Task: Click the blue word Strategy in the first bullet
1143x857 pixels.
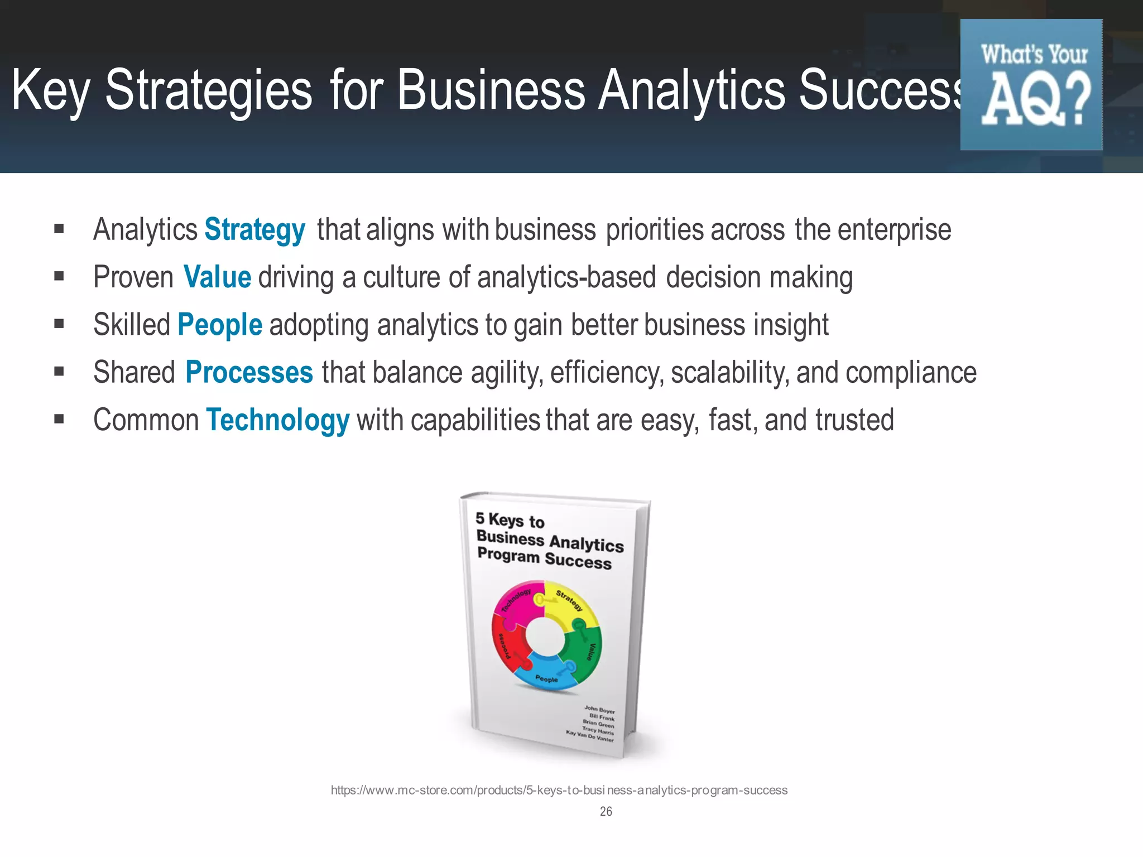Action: pyautogui.click(x=254, y=230)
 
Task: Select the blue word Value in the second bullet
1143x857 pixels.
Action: pyautogui.click(x=217, y=277)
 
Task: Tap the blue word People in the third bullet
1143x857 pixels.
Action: pyautogui.click(x=219, y=325)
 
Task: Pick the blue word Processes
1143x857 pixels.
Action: pyautogui.click(x=249, y=372)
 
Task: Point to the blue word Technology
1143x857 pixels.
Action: pyautogui.click(x=277, y=420)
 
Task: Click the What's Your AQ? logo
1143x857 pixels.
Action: pyautogui.click(x=1031, y=85)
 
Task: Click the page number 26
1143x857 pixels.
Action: pyautogui.click(x=606, y=811)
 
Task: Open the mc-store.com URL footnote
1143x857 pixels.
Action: pyautogui.click(x=559, y=790)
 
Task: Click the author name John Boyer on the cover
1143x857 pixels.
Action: pyautogui.click(x=599, y=710)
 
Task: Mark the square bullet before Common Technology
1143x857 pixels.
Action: pyautogui.click(x=59, y=419)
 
